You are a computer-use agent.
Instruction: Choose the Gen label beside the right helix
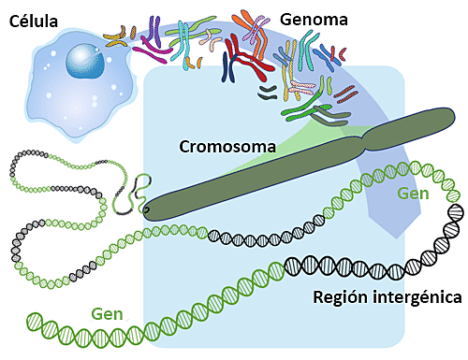pos(414,193)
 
